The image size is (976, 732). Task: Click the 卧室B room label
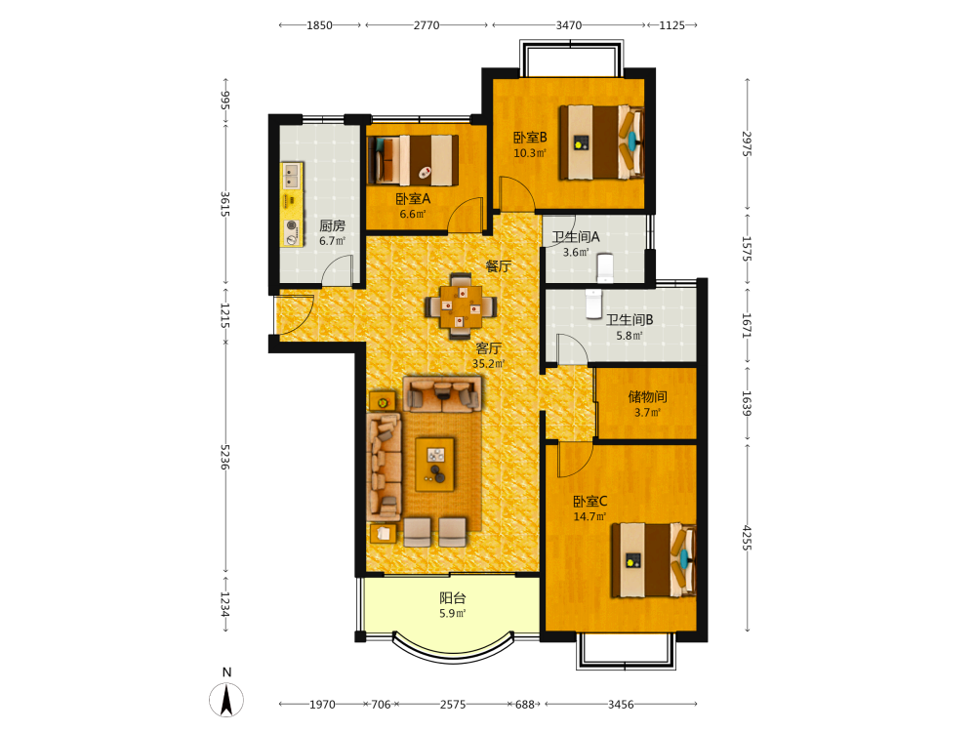tap(530, 137)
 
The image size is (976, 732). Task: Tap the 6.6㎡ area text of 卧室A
tap(413, 214)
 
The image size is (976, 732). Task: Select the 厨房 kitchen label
tap(333, 225)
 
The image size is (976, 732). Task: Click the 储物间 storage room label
tap(647, 396)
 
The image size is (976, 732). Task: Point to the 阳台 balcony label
tap(453, 598)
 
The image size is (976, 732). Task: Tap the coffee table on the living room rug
tap(435, 465)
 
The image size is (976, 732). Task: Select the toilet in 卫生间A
tap(604, 267)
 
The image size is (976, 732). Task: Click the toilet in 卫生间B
tap(593, 304)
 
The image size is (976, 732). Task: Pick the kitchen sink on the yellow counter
tap(291, 176)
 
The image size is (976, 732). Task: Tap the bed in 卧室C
tap(653, 560)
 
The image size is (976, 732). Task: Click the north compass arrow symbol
tap(226, 700)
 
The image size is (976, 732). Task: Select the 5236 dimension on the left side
tap(225, 457)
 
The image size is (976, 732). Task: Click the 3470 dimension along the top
tap(568, 25)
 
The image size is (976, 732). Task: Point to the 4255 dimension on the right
tap(747, 538)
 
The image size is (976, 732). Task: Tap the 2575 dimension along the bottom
tap(453, 705)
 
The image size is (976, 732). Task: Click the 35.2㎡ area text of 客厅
tap(489, 363)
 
